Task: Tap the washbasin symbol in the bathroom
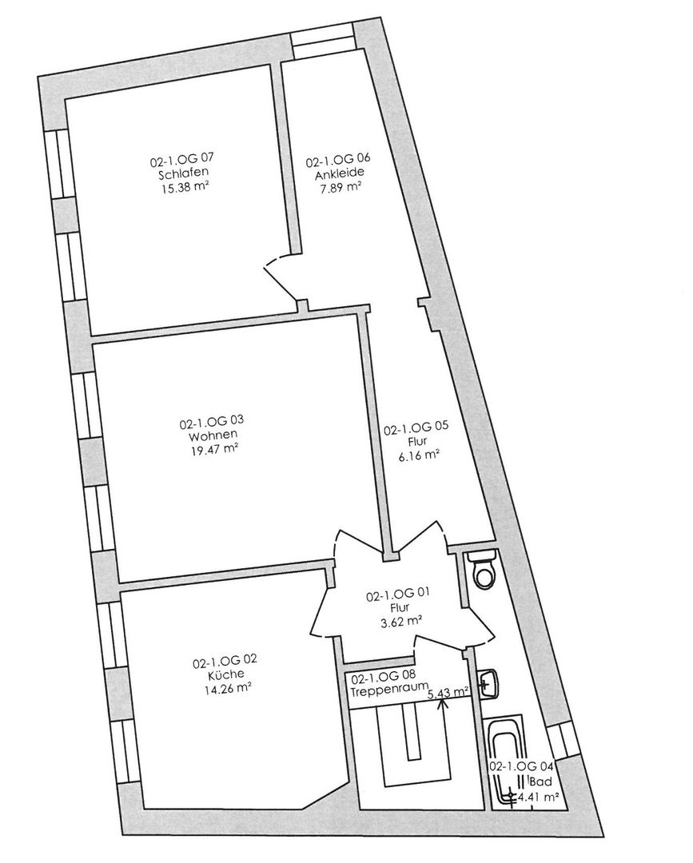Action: click(488, 684)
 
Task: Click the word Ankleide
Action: click(339, 176)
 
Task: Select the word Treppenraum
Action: click(390, 687)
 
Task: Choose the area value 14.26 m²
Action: click(225, 687)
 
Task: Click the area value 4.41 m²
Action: click(540, 796)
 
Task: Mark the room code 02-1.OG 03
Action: click(212, 423)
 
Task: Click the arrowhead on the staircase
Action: click(440, 702)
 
